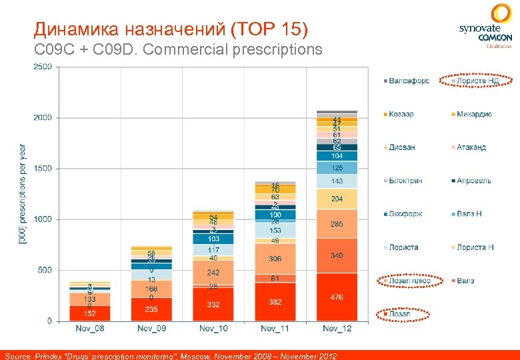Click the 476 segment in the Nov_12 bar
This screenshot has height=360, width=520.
tap(337, 297)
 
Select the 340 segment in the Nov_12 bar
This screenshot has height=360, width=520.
tap(337, 255)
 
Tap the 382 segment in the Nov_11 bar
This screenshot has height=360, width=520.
tap(275, 302)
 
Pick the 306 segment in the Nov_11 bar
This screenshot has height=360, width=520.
tap(275, 259)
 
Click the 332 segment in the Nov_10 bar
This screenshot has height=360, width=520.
tap(213, 305)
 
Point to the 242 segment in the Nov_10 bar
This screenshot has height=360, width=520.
tap(213, 273)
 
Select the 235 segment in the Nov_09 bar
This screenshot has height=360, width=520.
tap(151, 309)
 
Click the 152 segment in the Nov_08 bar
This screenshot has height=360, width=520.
tap(89, 313)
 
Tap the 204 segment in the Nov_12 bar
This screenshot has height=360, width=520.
tap(337, 199)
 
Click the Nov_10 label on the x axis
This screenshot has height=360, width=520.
tap(213, 329)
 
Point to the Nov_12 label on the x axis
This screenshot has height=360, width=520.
tap(337, 329)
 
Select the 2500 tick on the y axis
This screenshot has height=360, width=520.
tap(42, 67)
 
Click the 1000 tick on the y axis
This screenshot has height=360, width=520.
tap(42, 219)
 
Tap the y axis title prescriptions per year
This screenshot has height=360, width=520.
tap(22, 193)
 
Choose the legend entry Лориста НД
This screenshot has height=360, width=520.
tap(477, 81)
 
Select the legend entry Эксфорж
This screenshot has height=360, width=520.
tap(405, 214)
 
